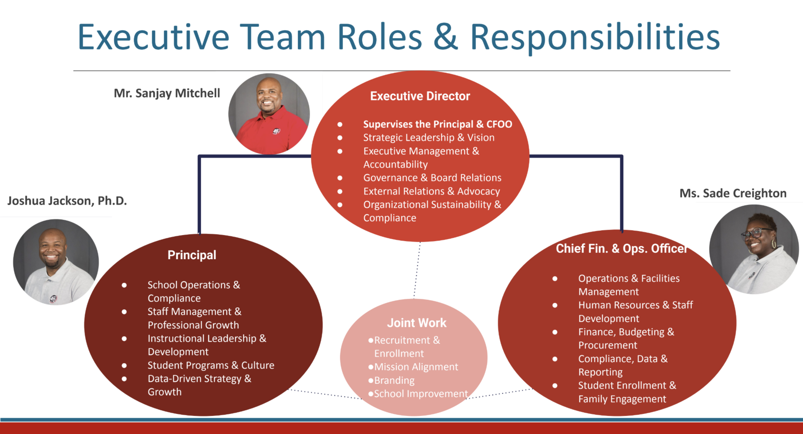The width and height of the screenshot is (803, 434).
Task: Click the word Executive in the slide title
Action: point(153,38)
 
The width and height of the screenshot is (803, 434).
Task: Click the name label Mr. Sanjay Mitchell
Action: point(166,93)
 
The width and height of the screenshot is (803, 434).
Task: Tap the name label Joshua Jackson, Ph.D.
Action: point(67,201)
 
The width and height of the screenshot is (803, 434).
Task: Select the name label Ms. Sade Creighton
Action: point(733,194)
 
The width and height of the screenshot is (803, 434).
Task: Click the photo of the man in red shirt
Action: point(269,114)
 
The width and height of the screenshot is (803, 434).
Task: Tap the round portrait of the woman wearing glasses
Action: point(754,249)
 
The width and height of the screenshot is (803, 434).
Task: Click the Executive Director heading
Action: point(420,96)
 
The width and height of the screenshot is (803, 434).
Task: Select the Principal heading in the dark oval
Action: point(192,255)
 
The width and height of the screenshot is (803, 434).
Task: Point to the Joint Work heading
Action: point(417,323)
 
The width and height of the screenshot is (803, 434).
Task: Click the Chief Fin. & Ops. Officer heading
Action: point(621,249)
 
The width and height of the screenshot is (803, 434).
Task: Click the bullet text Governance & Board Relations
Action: point(432,178)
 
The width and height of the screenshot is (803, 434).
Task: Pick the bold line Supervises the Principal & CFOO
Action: point(437,124)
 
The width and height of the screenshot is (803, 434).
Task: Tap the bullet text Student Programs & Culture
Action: point(211,365)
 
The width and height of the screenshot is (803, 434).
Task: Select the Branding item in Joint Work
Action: point(394,380)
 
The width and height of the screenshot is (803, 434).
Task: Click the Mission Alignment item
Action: point(416,367)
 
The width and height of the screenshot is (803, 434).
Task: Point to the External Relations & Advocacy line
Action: point(431,191)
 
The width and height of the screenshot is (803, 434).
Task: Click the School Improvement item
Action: point(420,394)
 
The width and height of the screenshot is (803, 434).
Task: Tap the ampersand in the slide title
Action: point(446,38)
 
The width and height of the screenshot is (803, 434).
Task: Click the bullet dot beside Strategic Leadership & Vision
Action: point(340,138)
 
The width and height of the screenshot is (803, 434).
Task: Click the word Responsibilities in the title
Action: point(595,38)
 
